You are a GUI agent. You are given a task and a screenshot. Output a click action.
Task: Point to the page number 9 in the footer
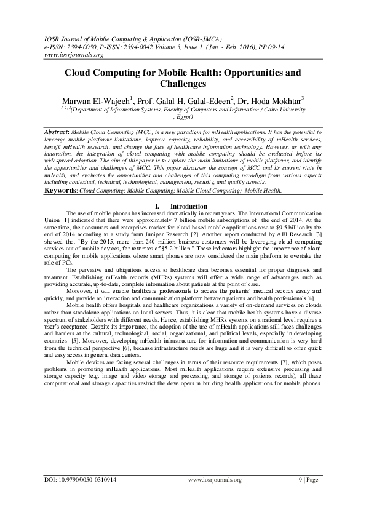pyautogui.click(x=300, y=496)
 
